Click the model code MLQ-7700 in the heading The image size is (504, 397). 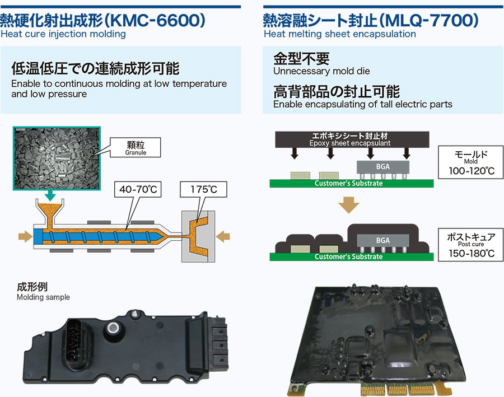click(426, 20)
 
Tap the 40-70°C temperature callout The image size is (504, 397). click(137, 190)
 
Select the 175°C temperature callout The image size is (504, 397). click(204, 190)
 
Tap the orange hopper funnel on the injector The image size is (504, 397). click(50, 216)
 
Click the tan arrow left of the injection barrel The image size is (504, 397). click(25, 237)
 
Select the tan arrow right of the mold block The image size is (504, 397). click(223, 237)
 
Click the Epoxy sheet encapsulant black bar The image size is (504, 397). click(351, 140)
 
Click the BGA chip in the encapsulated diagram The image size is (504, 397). click(382, 240)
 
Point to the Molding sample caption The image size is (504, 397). click(43, 297)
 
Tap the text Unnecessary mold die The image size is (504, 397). click(321, 71)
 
